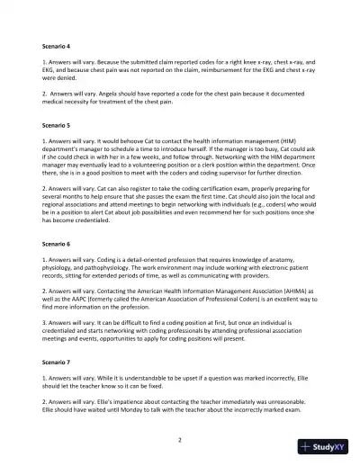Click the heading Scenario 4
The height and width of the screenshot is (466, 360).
click(x=58, y=44)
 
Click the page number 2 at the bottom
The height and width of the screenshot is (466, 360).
click(x=180, y=440)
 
